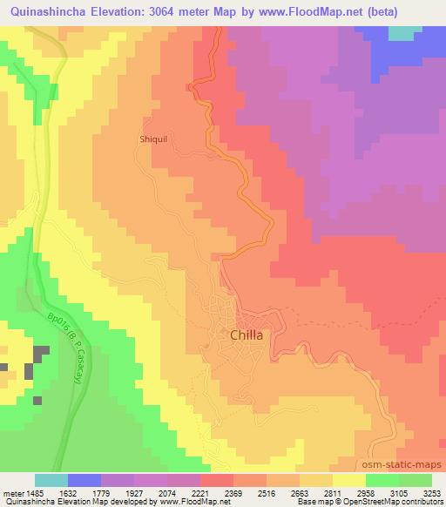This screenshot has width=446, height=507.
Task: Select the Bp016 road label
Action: (65, 341)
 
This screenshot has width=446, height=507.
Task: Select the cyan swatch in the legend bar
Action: (51, 480)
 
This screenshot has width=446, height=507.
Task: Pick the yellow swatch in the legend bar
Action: (349, 480)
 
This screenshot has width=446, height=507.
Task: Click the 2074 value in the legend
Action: (172, 492)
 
